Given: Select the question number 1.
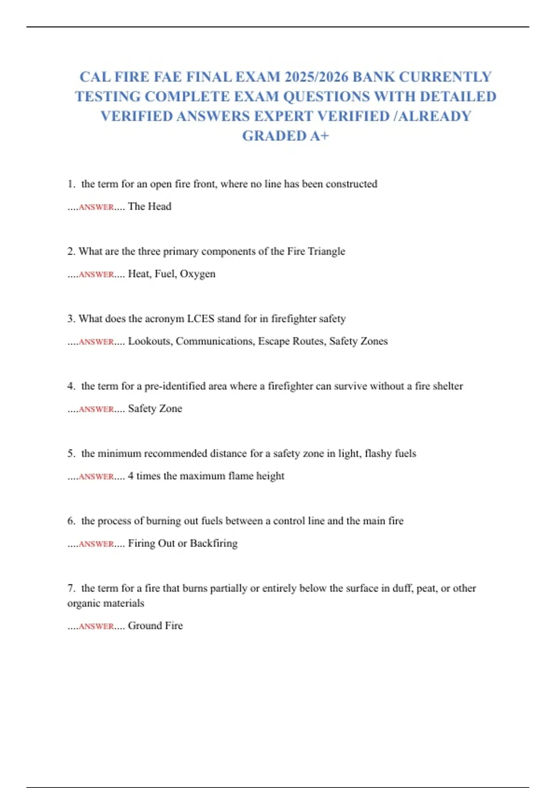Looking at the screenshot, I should click(x=71, y=184).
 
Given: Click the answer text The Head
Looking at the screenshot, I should click(x=150, y=206).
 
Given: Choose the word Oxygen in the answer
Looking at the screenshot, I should click(x=197, y=274).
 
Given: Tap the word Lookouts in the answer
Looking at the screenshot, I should click(x=150, y=341).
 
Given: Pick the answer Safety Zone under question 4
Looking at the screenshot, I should click(x=155, y=408).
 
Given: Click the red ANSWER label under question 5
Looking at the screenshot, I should click(x=96, y=477).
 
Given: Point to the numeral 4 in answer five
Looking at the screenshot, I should click(x=131, y=476).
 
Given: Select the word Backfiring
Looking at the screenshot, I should click(x=214, y=543).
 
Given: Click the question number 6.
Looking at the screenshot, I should click(x=71, y=521).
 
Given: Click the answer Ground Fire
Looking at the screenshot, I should click(x=155, y=626).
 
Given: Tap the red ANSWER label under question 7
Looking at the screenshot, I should click(x=96, y=626).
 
